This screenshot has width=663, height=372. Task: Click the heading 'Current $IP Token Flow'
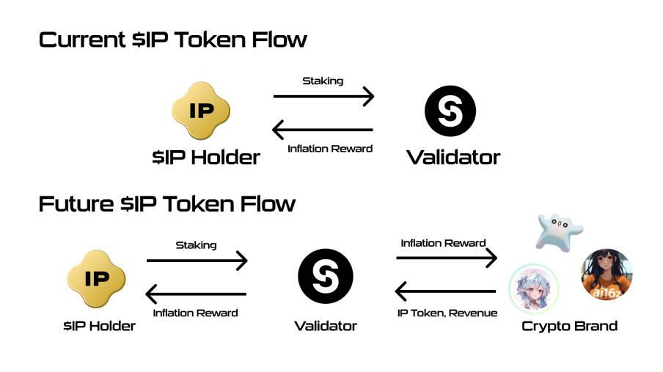point(172,40)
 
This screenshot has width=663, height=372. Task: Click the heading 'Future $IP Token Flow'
point(166,203)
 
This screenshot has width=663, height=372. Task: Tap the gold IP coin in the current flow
point(201,112)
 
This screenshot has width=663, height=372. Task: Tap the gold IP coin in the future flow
point(97,278)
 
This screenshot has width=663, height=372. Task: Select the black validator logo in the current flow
point(450,111)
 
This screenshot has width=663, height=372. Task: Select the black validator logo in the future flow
point(326,277)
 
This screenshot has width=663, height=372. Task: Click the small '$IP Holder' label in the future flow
point(99,326)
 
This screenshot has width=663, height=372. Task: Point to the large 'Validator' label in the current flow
point(453,157)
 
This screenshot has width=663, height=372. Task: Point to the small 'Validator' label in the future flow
point(326,326)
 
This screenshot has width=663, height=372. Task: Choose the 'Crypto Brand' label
point(569,326)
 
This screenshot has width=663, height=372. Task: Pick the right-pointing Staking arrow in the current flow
point(323,96)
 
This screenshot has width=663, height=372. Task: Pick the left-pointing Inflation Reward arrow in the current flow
point(323,130)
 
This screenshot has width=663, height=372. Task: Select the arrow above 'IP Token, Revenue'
point(446,292)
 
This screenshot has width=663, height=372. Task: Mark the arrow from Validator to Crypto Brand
point(447,258)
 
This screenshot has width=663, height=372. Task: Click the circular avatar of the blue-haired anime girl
point(534,286)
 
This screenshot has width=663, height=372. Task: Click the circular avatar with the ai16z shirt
point(606,275)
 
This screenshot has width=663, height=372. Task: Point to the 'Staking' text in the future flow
point(196,245)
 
